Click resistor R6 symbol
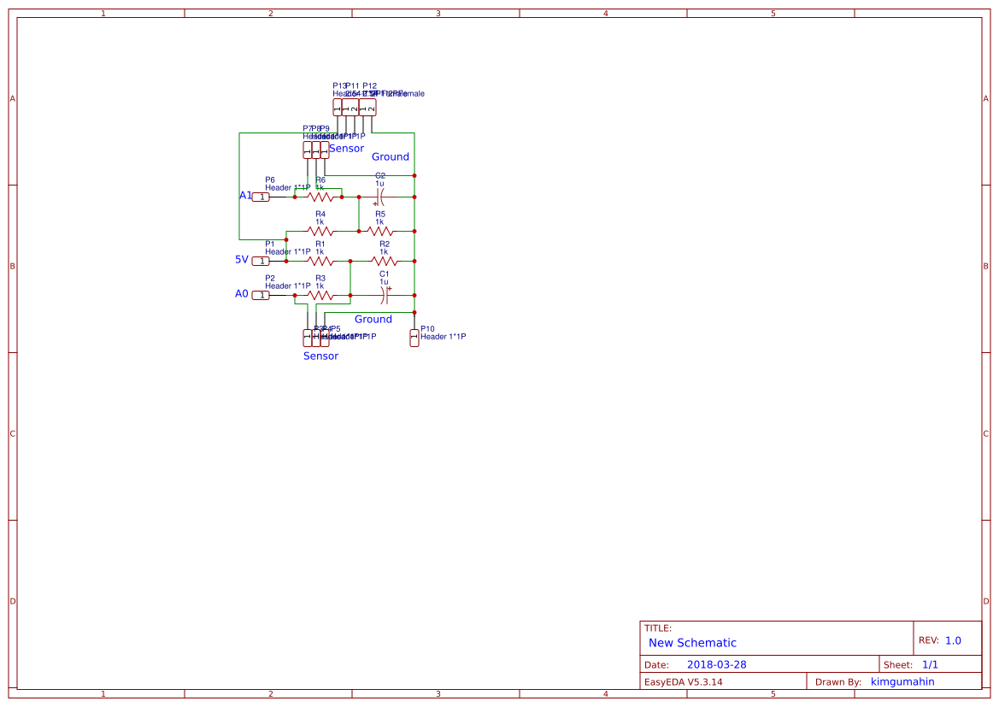320,197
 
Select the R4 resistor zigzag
320,231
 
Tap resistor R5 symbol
380,231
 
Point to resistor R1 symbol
320,261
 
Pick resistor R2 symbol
384,261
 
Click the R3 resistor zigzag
320,295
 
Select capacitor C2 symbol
380,197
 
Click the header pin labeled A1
261,197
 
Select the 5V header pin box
261,261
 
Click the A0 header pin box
261,295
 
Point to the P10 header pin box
414,338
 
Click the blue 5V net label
242,259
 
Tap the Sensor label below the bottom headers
320,356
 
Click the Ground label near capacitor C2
390,156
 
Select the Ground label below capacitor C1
373,319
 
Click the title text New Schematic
692,643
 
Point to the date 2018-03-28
716,664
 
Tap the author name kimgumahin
902,681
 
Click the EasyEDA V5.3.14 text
683,681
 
